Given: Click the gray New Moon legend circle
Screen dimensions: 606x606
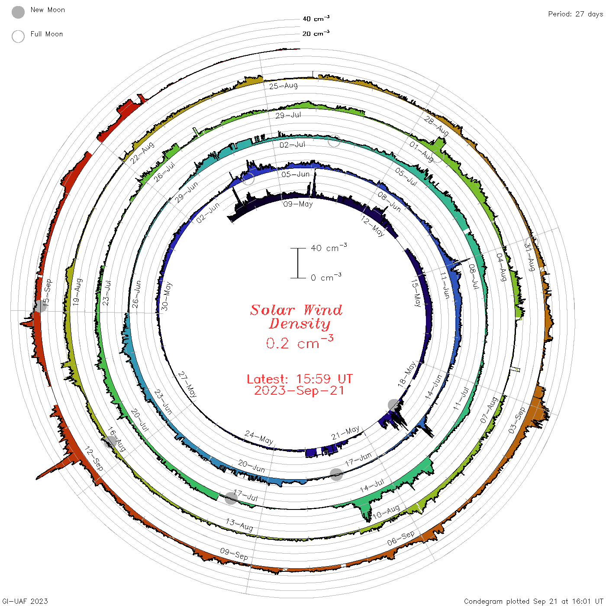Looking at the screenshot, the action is [x=18, y=12].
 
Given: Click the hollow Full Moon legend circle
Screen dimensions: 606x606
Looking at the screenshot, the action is [x=18, y=36].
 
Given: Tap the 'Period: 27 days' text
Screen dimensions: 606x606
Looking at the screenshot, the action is [x=575, y=14].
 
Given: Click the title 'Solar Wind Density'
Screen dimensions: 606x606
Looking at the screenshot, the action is [x=296, y=317].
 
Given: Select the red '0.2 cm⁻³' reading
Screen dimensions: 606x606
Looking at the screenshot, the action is [x=300, y=342].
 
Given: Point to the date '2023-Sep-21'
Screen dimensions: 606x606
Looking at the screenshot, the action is [x=299, y=390].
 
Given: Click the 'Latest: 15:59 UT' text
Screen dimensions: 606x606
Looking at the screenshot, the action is [x=300, y=379].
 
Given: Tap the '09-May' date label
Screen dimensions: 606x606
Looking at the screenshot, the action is [x=298, y=204].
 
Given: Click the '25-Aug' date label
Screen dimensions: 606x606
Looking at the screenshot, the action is [x=284, y=86].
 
